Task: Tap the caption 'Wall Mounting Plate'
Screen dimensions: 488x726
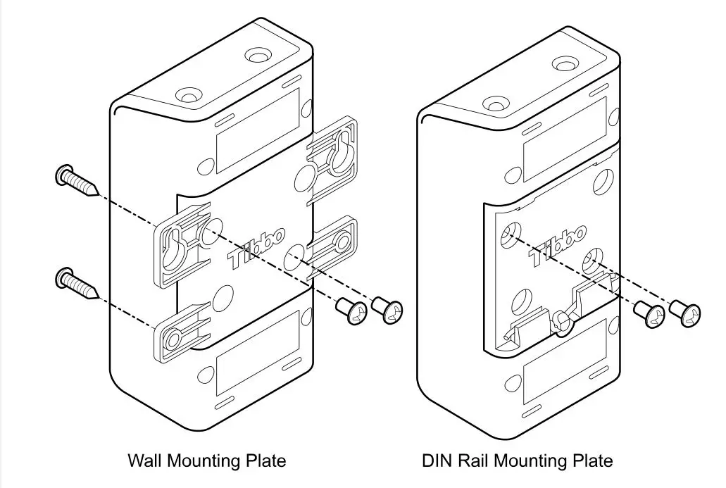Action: (206, 461)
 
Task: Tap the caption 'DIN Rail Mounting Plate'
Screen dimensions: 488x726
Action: (518, 461)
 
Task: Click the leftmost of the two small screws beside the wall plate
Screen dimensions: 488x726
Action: (351, 311)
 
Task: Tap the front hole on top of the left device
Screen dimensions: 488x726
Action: (188, 94)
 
